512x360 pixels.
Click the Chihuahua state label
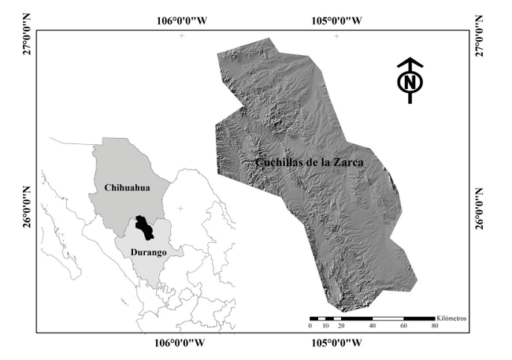[x=128, y=188]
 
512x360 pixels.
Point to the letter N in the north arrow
[x=409, y=82]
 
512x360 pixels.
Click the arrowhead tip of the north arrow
[x=409, y=59]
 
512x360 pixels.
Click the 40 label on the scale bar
[x=372, y=326]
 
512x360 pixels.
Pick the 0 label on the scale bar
[x=310, y=326]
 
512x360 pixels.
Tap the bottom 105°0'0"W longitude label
[x=336, y=343]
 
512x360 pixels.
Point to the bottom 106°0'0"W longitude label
[x=181, y=343]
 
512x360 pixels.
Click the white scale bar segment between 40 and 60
[x=387, y=317]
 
